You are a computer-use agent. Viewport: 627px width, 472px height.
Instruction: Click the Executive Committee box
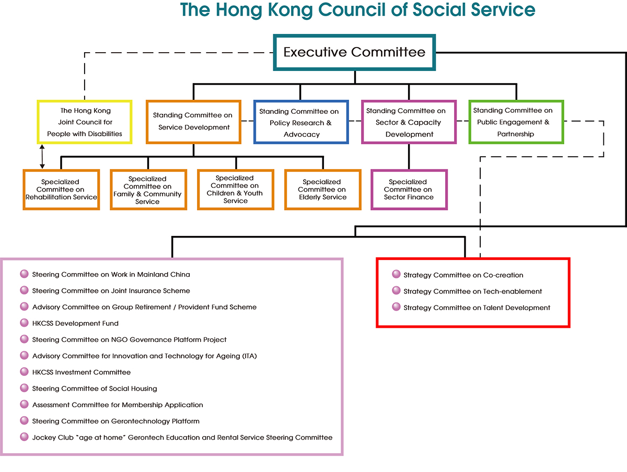click(354, 52)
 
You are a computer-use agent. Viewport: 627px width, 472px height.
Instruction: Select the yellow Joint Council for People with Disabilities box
click(85, 122)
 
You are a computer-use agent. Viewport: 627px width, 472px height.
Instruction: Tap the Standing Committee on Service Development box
click(193, 122)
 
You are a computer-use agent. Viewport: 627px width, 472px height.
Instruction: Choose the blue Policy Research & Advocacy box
click(301, 122)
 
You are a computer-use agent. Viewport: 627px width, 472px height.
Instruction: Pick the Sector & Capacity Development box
click(409, 122)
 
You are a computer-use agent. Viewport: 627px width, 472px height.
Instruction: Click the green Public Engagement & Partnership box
click(516, 122)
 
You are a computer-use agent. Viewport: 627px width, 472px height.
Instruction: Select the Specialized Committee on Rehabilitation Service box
click(61, 190)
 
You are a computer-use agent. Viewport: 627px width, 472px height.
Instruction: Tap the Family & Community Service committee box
click(148, 190)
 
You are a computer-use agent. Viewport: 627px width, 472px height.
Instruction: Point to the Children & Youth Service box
click(236, 190)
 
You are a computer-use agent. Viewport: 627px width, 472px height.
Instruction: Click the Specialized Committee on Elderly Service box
click(323, 190)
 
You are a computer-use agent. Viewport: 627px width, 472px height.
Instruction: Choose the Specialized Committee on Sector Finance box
click(409, 190)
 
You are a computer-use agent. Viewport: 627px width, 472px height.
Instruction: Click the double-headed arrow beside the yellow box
click(42, 157)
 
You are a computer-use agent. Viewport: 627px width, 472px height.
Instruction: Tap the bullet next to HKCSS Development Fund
click(24, 323)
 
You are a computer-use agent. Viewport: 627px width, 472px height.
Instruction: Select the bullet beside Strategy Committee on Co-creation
click(396, 274)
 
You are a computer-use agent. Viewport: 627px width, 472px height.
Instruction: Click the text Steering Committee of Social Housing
click(95, 388)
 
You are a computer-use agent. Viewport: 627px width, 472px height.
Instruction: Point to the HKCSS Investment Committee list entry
click(82, 372)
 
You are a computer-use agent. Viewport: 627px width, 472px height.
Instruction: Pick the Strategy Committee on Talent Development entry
click(477, 308)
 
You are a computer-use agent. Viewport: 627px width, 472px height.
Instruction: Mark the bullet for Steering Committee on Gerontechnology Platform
click(24, 421)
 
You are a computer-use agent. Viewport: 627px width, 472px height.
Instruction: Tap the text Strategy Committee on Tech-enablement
click(473, 292)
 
